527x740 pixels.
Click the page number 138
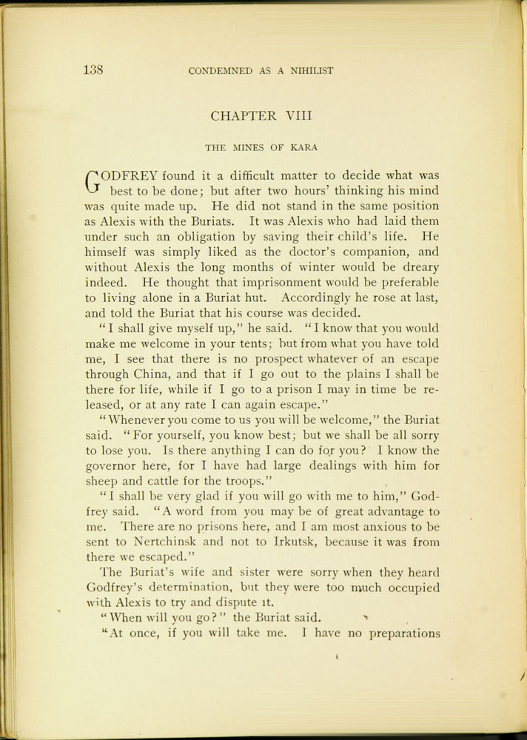(x=93, y=70)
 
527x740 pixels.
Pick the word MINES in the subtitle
(x=252, y=147)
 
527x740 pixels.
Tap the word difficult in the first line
(x=266, y=176)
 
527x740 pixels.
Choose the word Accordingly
(x=320, y=297)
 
